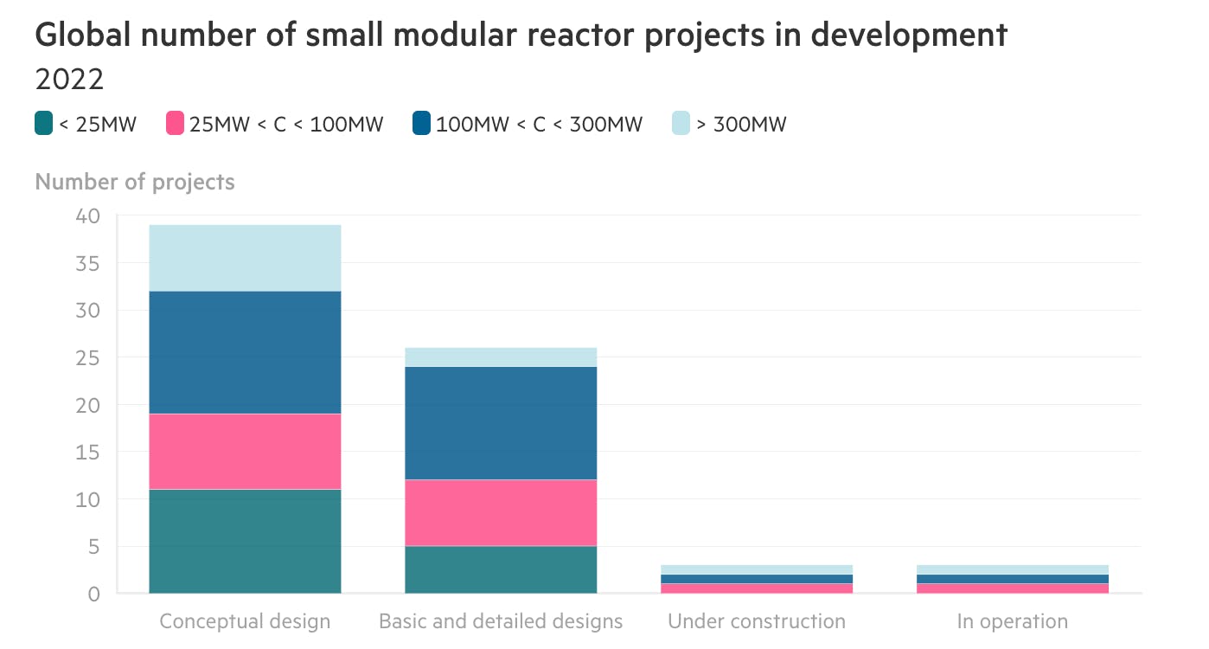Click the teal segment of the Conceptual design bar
pos(245,541)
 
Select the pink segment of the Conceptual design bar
pos(245,451)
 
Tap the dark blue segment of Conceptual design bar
pos(245,351)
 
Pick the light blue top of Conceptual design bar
pos(245,257)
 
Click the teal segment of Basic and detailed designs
pos(501,569)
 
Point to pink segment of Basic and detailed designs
pos(501,512)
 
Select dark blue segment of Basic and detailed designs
pos(501,422)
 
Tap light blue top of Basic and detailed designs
pos(501,357)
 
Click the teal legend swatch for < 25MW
pos(43,124)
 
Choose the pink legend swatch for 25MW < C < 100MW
pos(176,124)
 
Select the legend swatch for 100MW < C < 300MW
pos(422,124)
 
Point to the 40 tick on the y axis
pos(88,215)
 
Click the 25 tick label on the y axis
pos(88,357)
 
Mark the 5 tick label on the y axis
pos(94,546)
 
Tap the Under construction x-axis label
pos(757,621)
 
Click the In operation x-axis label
pos(1012,621)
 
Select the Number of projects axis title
pos(135,182)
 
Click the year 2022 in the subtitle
pos(69,80)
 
